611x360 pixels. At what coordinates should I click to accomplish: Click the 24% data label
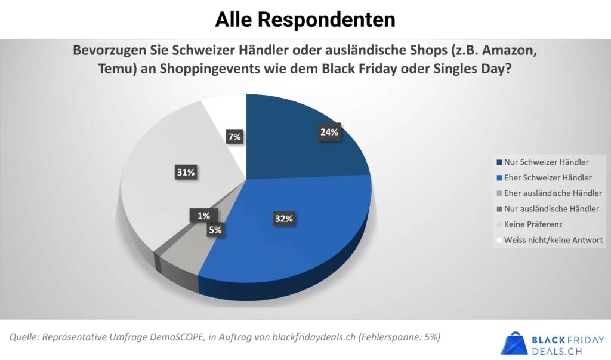click(x=329, y=133)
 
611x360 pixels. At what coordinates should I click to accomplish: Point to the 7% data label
click(x=234, y=137)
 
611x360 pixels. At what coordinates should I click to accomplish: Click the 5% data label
click(x=215, y=230)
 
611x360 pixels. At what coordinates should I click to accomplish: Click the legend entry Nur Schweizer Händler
click(x=547, y=162)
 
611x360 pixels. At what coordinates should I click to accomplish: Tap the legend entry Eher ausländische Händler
click(x=553, y=193)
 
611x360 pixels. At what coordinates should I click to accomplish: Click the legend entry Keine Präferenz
click(x=533, y=224)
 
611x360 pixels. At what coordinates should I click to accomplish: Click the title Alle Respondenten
click(x=305, y=19)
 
